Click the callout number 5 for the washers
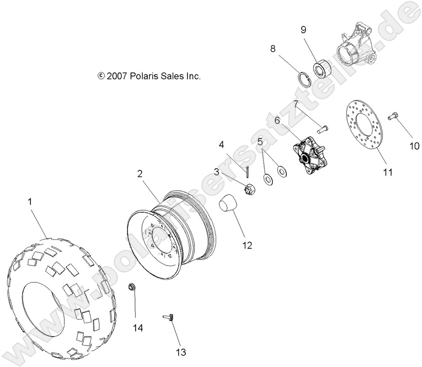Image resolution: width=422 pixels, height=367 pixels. (x=260, y=142)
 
